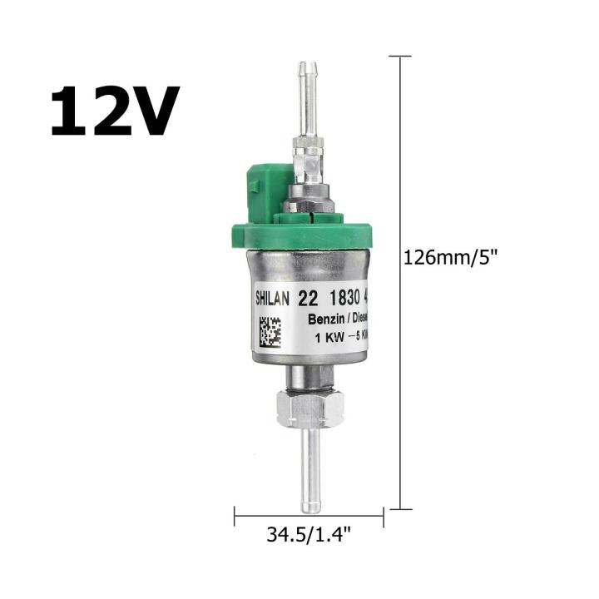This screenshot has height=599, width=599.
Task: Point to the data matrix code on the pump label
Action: click(x=270, y=333)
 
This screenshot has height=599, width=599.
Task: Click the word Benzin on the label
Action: click(x=326, y=319)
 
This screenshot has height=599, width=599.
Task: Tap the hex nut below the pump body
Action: click(x=309, y=408)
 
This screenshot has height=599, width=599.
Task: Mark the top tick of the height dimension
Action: click(x=400, y=57)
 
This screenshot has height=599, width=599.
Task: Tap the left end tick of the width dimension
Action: click(x=235, y=513)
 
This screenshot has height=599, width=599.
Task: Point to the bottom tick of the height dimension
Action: click(x=400, y=509)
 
